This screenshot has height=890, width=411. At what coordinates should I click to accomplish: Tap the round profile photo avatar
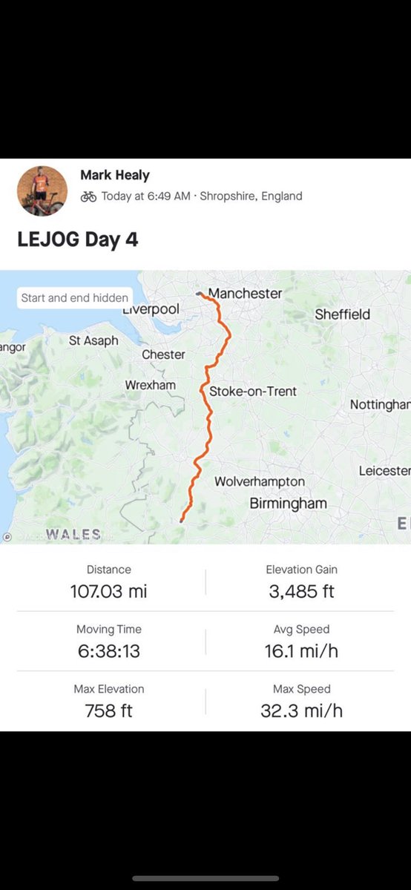[x=42, y=191]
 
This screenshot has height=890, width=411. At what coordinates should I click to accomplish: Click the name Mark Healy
[x=115, y=175]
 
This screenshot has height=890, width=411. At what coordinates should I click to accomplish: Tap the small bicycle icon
[x=88, y=197]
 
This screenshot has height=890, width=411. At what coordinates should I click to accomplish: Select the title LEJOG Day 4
[x=78, y=240]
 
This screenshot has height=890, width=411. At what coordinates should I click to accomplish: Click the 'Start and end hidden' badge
[x=74, y=297]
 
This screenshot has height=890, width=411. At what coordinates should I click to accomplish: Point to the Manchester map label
[x=245, y=293]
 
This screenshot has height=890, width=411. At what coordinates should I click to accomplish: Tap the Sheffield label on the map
[x=342, y=314]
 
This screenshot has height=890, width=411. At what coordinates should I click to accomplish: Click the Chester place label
[x=163, y=355]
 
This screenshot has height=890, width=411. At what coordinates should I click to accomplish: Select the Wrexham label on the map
[x=151, y=385]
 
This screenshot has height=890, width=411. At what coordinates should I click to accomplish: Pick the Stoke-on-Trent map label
[x=253, y=391]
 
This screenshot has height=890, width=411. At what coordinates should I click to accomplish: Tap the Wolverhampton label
[x=259, y=481]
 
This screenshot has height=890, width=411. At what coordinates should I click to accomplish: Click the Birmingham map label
[x=288, y=504]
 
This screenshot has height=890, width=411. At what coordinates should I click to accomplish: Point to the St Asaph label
[x=93, y=340]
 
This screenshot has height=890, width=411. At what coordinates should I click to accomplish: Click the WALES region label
[x=73, y=534]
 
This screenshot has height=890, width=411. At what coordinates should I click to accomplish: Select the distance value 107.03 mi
[x=108, y=591]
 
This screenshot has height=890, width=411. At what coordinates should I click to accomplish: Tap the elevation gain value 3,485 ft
[x=301, y=591]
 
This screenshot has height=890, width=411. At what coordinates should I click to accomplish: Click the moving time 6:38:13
[x=108, y=651]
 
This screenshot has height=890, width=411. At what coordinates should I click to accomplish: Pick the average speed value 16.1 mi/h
[x=301, y=651]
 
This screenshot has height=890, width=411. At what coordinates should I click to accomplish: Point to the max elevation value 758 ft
[x=108, y=711]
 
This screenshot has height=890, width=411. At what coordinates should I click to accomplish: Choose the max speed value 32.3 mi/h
[x=301, y=711]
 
